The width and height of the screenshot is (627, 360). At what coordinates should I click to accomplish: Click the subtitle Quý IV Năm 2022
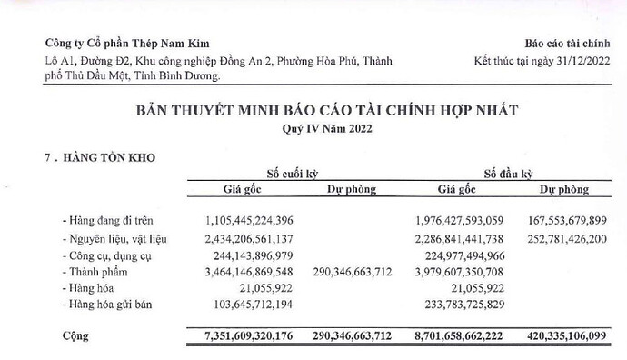313,128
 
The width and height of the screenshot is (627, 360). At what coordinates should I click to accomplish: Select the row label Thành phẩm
91,273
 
